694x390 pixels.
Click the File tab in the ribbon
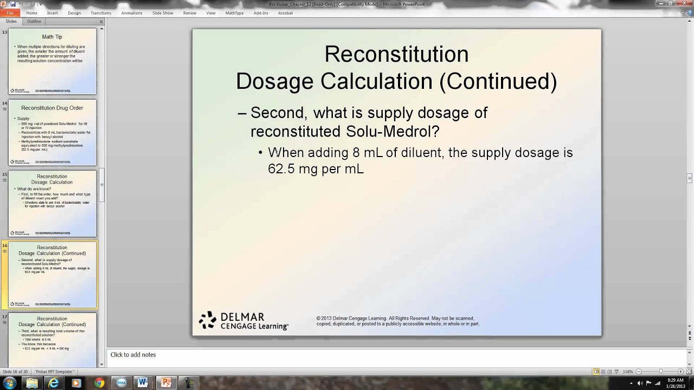pyautogui.click(x=10, y=13)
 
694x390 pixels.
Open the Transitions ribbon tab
pyautogui.click(x=101, y=13)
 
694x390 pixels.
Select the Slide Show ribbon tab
pyautogui.click(x=163, y=13)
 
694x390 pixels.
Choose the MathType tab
pyautogui.click(x=234, y=13)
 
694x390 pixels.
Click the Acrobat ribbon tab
pyautogui.click(x=285, y=13)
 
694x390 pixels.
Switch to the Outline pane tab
pyautogui.click(x=34, y=21)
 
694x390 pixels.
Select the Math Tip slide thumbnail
pyautogui.click(x=52, y=61)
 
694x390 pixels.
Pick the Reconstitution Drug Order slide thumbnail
pyautogui.click(x=52, y=132)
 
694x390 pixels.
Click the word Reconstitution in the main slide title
pyautogui.click(x=396, y=54)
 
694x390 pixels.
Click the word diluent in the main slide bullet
pyautogui.click(x=422, y=153)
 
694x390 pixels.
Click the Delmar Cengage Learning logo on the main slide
pyautogui.click(x=243, y=321)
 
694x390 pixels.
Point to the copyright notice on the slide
pyautogui.click(x=397, y=321)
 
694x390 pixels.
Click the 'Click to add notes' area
pyautogui.click(x=133, y=355)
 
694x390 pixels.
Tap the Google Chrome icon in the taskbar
pyautogui.click(x=99, y=383)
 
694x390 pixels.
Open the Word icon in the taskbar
pyautogui.click(x=143, y=383)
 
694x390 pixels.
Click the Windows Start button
pyautogui.click(x=10, y=383)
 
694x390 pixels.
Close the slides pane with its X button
pyautogui.click(x=101, y=22)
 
